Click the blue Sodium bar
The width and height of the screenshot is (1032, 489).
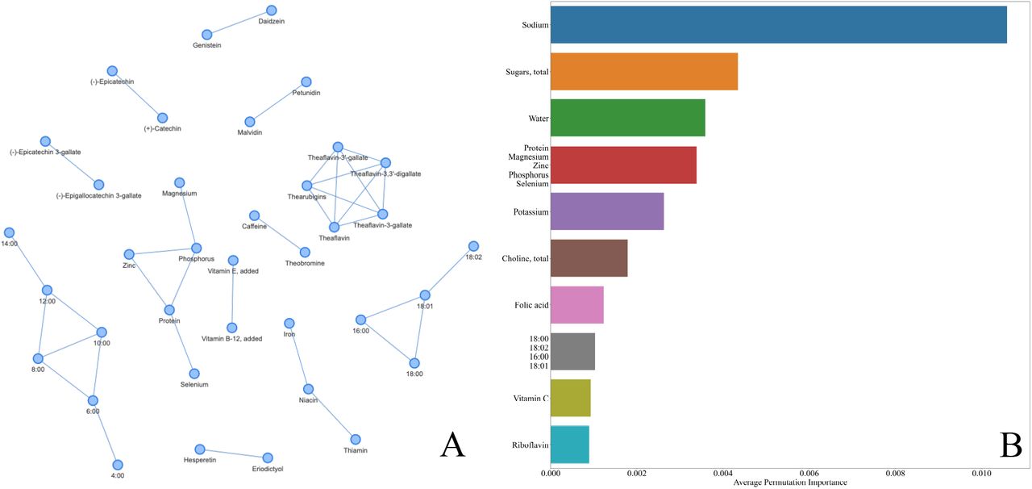pos(779,25)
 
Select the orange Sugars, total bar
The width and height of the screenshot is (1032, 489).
pos(644,72)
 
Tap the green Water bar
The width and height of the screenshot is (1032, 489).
pos(628,118)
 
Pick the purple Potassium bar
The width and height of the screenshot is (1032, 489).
pos(607,211)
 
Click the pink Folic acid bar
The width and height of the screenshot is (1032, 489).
pos(577,305)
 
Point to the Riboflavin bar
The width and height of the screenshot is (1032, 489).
pos(570,445)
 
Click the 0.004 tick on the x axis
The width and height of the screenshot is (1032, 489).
pos(723,474)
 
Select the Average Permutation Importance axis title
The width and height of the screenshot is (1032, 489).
pos(790,483)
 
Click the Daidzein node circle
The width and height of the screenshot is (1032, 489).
pos(272,10)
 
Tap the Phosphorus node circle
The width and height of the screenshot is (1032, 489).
pos(196,249)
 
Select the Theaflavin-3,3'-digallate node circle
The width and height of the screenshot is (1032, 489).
pos(385,163)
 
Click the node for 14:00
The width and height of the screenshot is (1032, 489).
pos(9,233)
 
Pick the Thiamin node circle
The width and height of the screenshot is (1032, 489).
pos(356,440)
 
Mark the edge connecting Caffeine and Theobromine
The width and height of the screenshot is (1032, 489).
pos(280,234)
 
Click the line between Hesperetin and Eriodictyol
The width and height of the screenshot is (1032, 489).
pos(234,453)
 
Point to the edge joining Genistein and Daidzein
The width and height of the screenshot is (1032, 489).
pos(239,22)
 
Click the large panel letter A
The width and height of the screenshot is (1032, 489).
pos(452,445)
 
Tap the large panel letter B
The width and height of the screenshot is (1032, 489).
pos(1011,445)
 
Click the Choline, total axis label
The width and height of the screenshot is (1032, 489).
pos(525,258)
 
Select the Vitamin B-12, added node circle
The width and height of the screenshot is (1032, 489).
pos(231,328)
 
